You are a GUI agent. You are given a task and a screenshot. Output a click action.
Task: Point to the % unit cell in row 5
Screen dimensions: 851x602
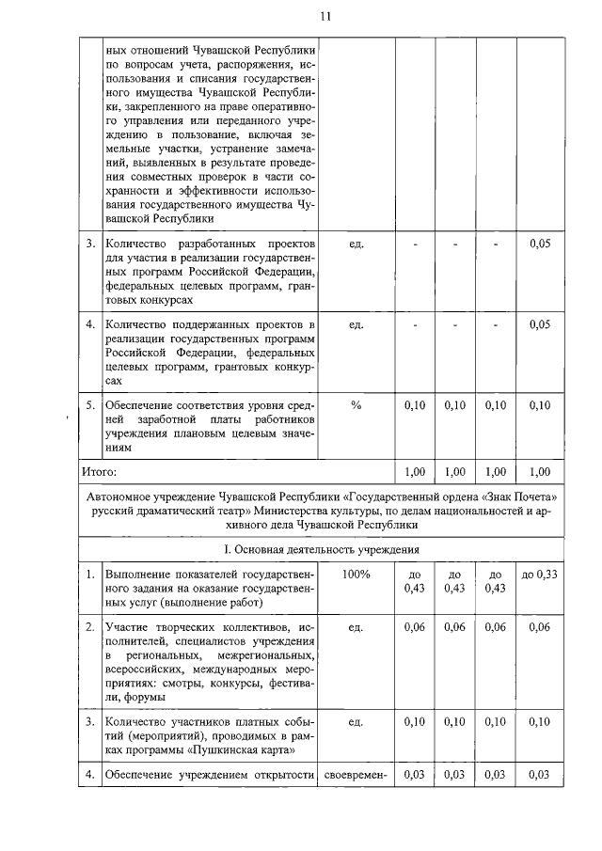click(356, 404)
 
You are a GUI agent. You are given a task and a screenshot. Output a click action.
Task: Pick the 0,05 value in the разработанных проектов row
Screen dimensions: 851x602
click(539, 244)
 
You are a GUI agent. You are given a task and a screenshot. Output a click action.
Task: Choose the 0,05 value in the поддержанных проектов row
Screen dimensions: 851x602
click(539, 324)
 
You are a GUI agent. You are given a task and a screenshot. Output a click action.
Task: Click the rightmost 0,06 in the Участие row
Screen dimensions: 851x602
click(539, 627)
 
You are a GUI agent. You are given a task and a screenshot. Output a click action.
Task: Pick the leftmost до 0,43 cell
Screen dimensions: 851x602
click(415, 581)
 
